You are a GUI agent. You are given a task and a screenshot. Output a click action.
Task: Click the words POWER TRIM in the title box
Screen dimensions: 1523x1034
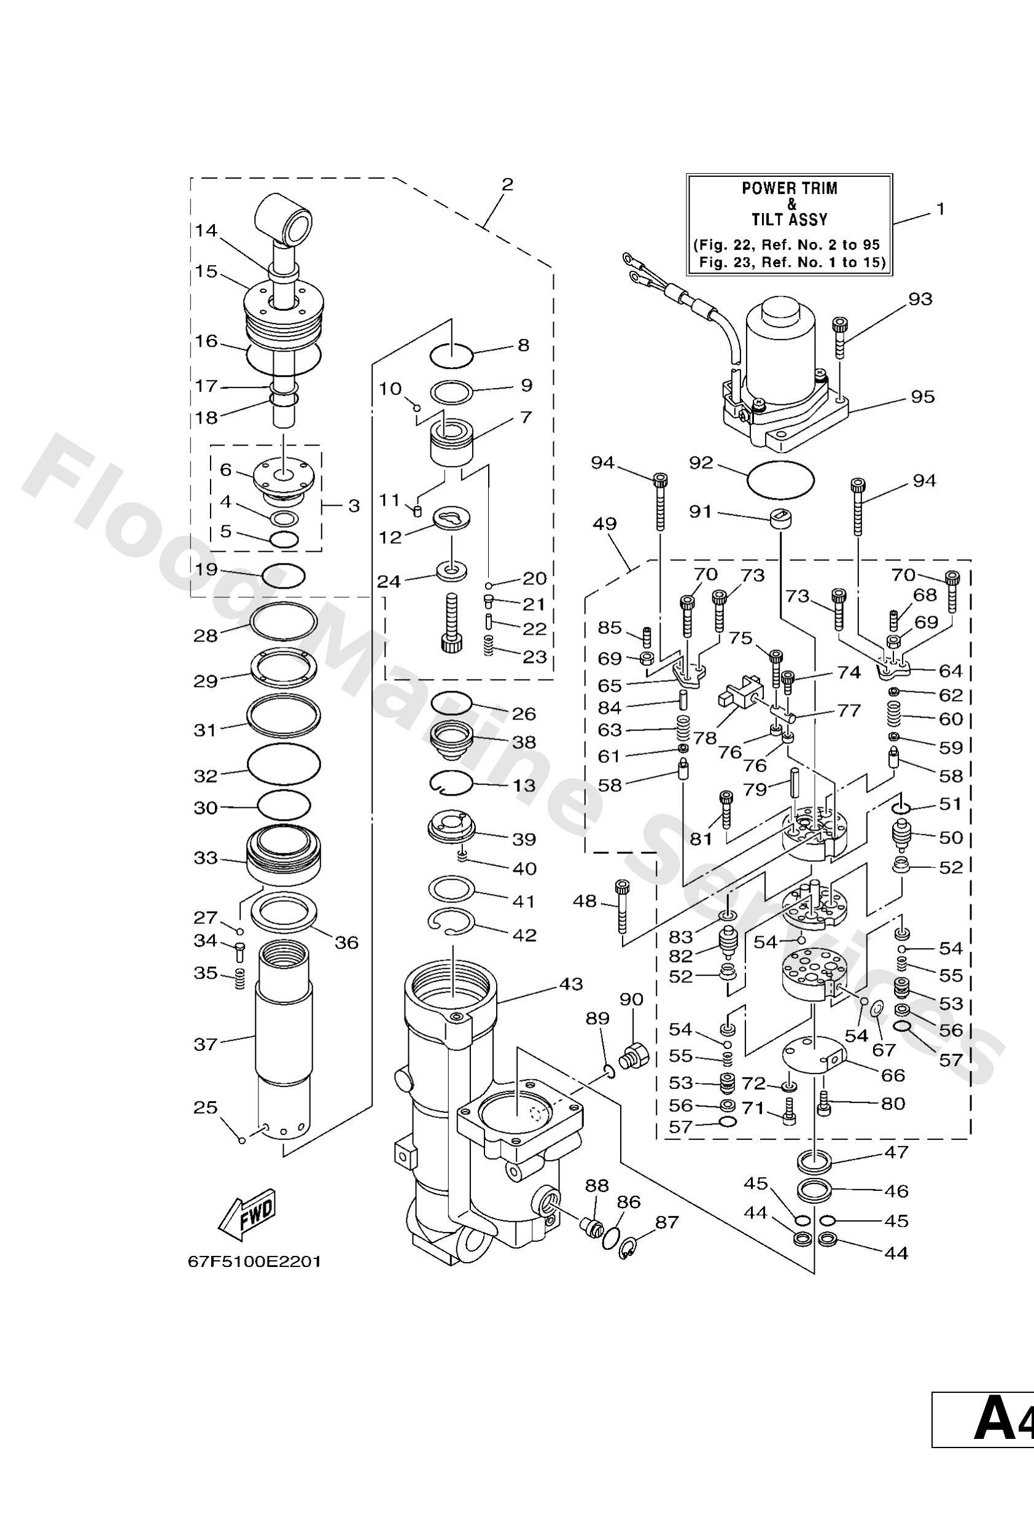(x=790, y=188)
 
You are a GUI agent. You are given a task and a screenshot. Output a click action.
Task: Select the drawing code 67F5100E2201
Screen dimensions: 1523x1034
(x=254, y=1261)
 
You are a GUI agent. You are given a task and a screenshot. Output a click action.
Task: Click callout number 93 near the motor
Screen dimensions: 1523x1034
(x=920, y=299)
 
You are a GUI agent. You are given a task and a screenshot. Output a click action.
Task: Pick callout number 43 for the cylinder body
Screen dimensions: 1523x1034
(x=570, y=984)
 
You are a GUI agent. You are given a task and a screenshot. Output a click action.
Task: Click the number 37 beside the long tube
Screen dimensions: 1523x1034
(x=205, y=1044)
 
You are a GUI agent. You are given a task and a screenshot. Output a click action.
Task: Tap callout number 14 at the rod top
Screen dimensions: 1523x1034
(x=206, y=230)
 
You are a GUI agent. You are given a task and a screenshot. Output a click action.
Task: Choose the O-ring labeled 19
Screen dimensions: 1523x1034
(x=283, y=576)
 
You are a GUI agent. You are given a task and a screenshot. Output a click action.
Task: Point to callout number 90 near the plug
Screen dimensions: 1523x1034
(x=631, y=999)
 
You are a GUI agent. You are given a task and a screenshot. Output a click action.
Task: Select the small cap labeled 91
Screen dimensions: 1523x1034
(x=780, y=517)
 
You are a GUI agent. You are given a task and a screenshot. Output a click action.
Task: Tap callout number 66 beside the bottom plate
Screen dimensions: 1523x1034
(x=893, y=1075)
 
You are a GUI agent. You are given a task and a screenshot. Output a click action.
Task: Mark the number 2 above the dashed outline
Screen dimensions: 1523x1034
(x=507, y=184)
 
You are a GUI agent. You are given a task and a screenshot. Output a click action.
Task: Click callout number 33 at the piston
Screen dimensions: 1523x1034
(x=205, y=857)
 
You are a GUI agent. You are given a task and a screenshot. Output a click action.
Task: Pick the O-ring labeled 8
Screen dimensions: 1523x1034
(x=451, y=356)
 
